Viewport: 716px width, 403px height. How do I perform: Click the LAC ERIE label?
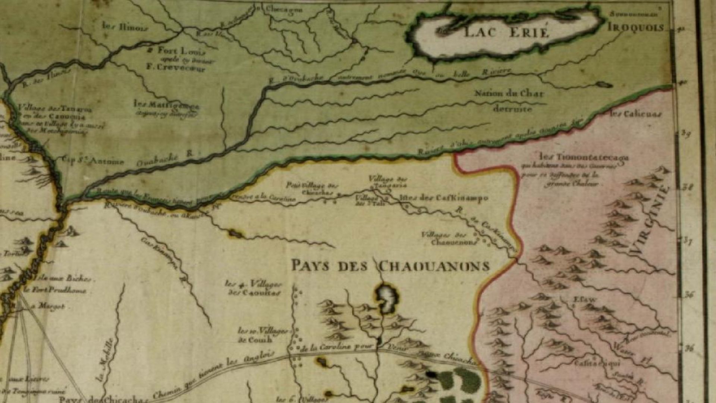506,32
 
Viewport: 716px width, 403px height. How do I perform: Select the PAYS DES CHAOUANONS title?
390,266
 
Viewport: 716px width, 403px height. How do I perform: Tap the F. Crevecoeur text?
176,68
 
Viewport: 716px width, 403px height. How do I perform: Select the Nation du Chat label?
509,93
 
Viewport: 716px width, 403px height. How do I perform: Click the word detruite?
512,109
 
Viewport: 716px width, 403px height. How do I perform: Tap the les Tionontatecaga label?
584,157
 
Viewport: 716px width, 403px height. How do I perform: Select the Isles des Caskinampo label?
443,198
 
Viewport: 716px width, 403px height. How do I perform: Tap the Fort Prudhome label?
55,290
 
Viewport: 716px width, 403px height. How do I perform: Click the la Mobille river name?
106,360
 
